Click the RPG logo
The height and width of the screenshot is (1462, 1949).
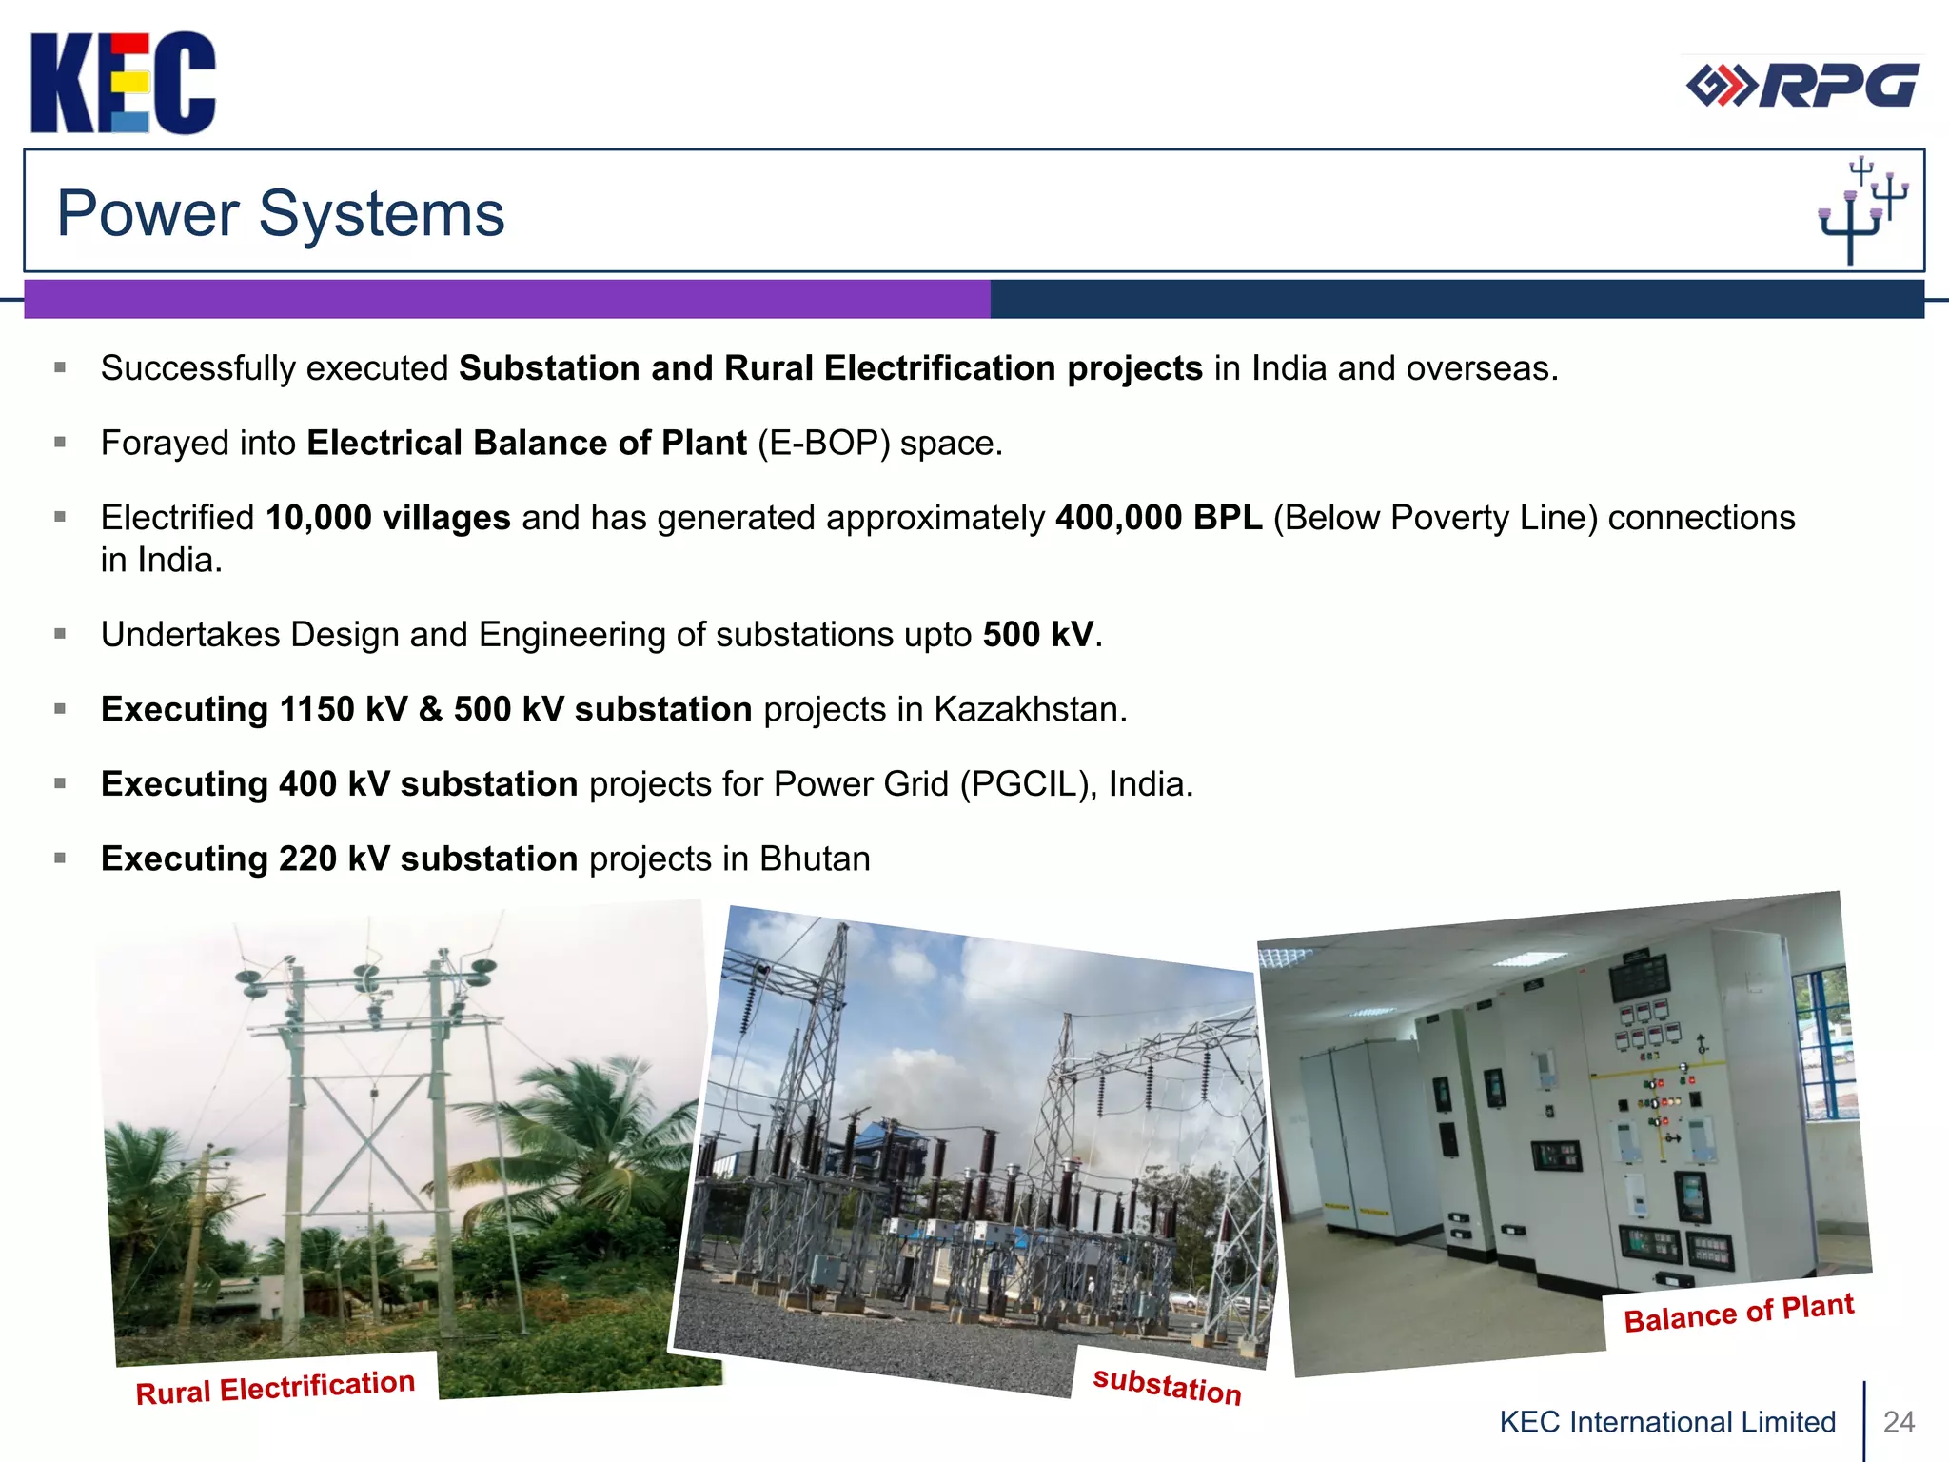pos(1802,86)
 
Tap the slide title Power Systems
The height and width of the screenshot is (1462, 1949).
pos(281,213)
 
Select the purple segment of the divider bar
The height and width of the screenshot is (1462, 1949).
pos(506,299)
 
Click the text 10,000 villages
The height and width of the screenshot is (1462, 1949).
pos(388,518)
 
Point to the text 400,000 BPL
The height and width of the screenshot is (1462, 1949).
pos(1158,518)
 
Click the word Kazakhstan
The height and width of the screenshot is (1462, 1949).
pos(1029,710)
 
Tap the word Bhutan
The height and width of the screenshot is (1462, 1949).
pos(815,859)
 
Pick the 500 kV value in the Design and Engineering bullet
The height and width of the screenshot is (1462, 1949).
pos(1037,635)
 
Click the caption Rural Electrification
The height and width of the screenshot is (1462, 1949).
pos(275,1387)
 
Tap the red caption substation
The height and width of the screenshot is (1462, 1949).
pos(1167,1385)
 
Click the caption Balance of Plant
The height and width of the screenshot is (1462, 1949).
pos(1738,1313)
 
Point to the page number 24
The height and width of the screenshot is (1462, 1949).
pos(1899,1421)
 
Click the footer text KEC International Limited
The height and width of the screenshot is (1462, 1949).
pos(1667,1421)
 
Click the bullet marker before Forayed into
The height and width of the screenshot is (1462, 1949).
pos(60,443)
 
